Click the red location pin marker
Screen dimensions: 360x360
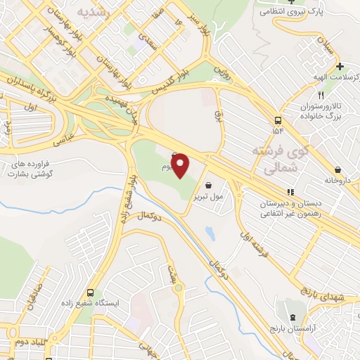181,165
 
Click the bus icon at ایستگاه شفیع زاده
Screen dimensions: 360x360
90,292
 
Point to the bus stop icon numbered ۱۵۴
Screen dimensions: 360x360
278,120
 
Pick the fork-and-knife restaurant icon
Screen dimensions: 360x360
321,95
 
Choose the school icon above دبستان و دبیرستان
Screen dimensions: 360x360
290,191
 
